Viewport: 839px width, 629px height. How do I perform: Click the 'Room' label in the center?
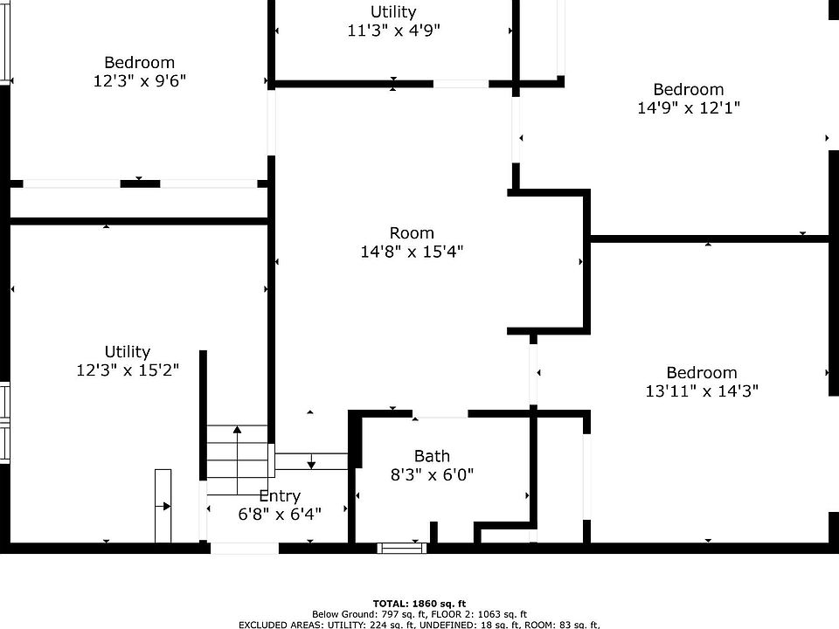pos(412,232)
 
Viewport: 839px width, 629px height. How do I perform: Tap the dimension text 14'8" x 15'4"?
pos(412,252)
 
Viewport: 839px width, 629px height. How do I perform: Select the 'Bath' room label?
pos(432,456)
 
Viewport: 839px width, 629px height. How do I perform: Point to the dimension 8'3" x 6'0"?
pos(432,475)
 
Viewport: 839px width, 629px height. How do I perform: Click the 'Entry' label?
pos(280,496)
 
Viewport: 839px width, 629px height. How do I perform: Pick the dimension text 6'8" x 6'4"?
pos(280,515)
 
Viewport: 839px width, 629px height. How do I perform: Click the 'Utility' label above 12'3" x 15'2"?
pos(128,351)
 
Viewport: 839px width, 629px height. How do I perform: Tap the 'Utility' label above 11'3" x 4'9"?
pos(393,11)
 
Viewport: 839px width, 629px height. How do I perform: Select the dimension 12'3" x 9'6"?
pos(140,81)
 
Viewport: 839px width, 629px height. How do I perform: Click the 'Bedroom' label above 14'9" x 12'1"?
pos(689,89)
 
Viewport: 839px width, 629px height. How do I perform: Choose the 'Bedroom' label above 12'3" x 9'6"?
pos(140,62)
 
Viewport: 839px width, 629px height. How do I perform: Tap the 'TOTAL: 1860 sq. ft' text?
pos(419,604)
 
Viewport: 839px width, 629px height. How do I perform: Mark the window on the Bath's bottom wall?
pos(402,548)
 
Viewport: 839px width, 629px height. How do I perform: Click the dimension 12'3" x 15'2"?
pos(128,370)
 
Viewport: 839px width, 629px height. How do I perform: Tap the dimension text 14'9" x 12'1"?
pos(689,108)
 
